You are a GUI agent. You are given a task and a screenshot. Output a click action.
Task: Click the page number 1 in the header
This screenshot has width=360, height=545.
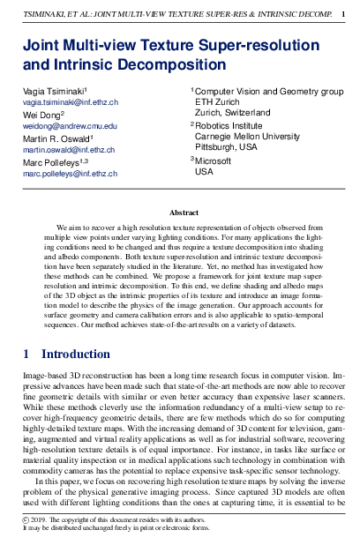tap(342, 14)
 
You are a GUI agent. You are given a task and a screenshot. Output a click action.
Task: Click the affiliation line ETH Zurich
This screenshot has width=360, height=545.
tap(216, 102)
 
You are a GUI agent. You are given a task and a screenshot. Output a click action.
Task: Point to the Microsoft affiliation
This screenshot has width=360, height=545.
tap(213, 161)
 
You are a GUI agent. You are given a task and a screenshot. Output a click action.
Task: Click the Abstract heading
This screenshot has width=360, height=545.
tap(184, 213)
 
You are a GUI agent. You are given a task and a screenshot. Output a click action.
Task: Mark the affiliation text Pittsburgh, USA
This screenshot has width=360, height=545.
tap(226, 148)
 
